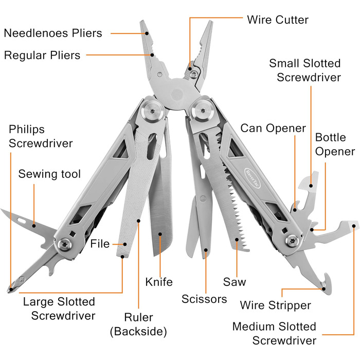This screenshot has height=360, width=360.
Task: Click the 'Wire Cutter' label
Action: point(277,20)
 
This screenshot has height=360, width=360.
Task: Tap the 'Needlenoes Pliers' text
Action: point(53,33)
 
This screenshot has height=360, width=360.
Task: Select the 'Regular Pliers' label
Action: point(42,55)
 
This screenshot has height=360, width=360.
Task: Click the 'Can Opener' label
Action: point(273,128)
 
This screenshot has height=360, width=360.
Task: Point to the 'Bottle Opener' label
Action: point(335,145)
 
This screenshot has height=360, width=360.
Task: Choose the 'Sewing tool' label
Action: point(49,174)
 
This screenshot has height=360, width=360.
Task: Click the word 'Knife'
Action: point(159,282)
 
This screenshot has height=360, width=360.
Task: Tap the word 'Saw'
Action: point(235,282)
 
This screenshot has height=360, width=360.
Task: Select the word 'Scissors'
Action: point(204,299)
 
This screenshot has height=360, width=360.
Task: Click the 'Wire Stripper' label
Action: point(275,305)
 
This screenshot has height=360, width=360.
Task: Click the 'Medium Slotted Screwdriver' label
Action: point(274,333)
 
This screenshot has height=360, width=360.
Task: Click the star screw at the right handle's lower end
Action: point(292,239)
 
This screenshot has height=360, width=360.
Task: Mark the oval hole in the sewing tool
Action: point(22,220)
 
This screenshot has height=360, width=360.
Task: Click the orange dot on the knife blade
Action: point(160,235)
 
